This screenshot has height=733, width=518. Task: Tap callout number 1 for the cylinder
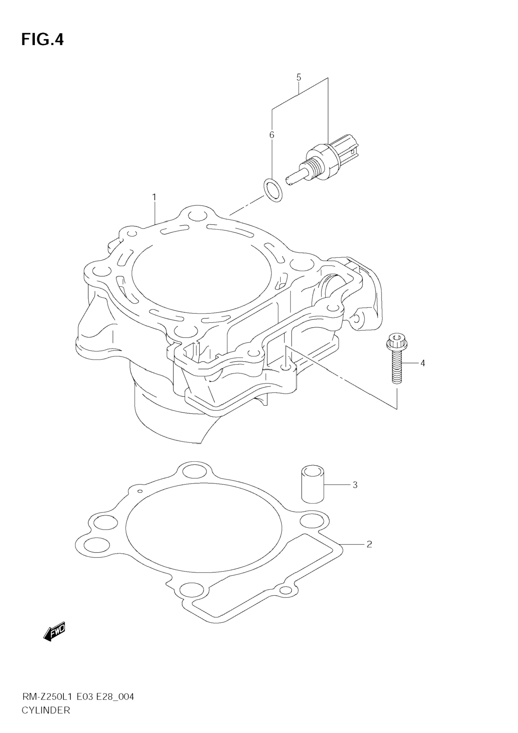pyautogui.click(x=154, y=197)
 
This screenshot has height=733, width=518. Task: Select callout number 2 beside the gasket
pyautogui.click(x=369, y=544)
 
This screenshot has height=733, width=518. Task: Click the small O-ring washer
pyautogui.click(x=273, y=190)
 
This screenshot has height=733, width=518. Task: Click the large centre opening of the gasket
pyautogui.click(x=204, y=530)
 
